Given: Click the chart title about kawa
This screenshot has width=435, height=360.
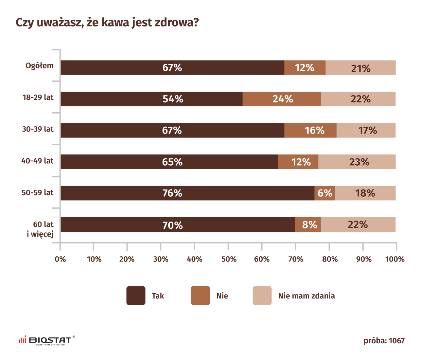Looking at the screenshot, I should coord(107,23).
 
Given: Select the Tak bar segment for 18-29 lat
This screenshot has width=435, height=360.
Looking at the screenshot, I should coord(151,99).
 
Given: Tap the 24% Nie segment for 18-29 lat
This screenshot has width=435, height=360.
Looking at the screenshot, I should coord(282,99).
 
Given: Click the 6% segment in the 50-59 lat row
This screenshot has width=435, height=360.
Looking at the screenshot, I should coord(325,193).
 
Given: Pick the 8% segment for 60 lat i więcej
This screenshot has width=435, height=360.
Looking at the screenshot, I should coord(308,225).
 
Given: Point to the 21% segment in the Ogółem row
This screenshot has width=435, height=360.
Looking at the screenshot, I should coord(360,68).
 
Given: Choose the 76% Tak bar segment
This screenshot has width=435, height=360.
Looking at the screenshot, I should coord(187,193).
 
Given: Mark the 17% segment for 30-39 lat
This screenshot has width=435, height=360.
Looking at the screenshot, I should coord(366,130).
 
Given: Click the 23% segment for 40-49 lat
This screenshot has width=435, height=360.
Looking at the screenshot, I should coord(357,162).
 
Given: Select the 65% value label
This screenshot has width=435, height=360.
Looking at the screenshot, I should coord(172,162).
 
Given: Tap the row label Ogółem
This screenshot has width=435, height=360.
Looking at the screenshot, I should coord(40,66).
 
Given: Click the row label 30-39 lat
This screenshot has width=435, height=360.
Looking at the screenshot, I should coord(38,129).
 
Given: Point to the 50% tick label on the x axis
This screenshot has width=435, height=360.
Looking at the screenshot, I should coord(229,259).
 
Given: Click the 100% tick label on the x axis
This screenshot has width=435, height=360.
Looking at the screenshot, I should coord(395,259).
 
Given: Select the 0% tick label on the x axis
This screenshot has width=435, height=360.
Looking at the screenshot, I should coord(60,259).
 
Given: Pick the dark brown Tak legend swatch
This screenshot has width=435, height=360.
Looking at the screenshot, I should coord(136,296).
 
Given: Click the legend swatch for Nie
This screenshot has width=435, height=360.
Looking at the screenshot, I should coord(200,296).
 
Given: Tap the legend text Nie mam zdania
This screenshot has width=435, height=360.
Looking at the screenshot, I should coord(306,296).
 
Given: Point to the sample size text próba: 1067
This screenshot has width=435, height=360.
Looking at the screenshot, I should coord(384,341).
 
